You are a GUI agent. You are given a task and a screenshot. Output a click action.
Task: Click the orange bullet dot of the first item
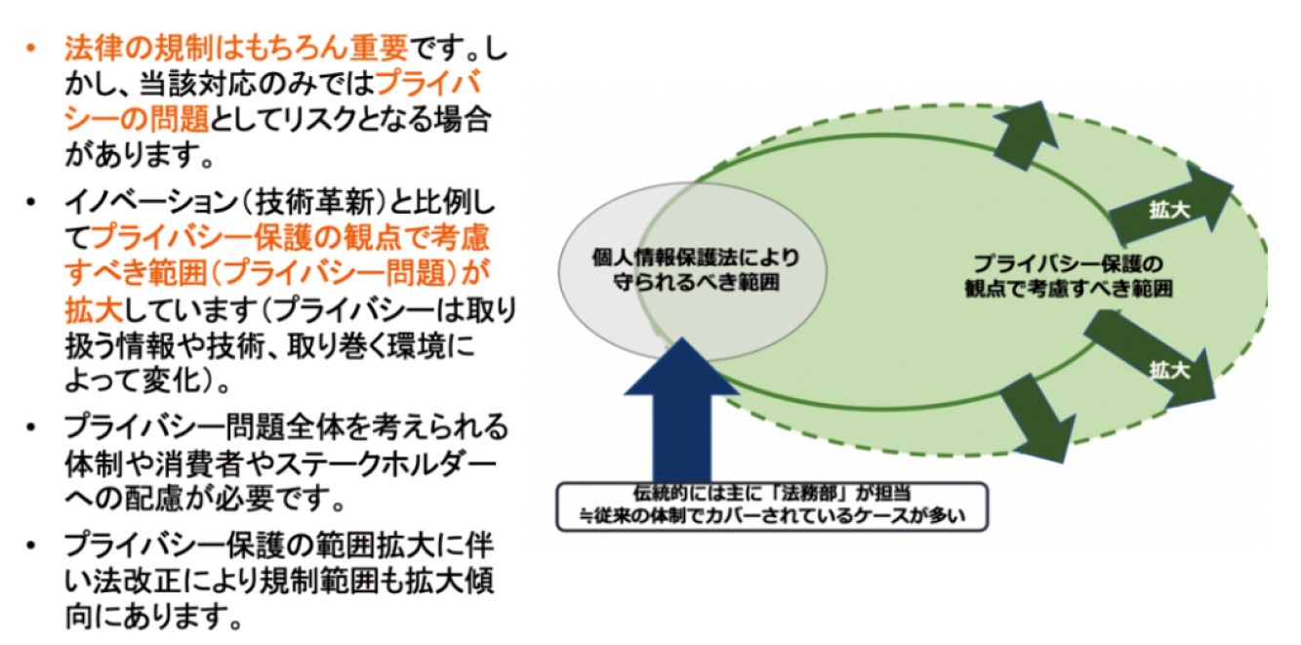(31, 49)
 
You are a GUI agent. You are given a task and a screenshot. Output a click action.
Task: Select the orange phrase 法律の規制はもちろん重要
(236, 48)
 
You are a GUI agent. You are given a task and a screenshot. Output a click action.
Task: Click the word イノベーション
(151, 203)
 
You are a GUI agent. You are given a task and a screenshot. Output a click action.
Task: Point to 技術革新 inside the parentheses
(315, 203)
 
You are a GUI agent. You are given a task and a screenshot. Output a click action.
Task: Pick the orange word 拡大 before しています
(94, 310)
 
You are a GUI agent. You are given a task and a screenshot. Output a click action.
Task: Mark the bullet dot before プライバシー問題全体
(31, 427)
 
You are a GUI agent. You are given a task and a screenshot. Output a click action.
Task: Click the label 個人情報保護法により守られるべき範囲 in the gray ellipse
(696, 270)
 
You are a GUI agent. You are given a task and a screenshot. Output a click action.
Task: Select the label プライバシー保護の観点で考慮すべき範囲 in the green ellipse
(1069, 276)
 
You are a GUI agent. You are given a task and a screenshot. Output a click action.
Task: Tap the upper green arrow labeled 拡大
(1170, 204)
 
